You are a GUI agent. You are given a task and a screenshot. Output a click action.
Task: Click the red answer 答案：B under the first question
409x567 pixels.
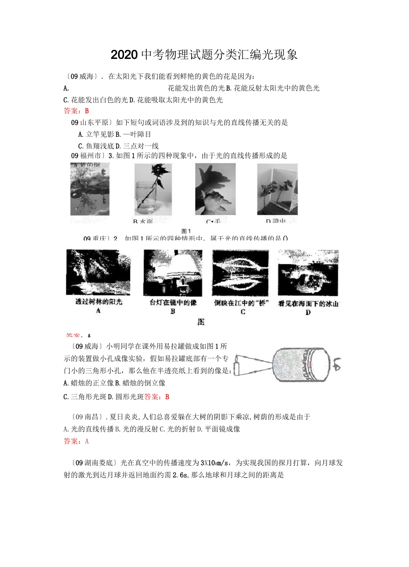(x=76, y=111)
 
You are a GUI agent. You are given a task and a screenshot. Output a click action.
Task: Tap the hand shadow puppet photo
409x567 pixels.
(x=215, y=189)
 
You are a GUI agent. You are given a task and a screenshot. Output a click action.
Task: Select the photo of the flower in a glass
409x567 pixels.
(x=152, y=189)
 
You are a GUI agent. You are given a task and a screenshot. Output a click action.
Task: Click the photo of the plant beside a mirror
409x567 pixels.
(x=277, y=189)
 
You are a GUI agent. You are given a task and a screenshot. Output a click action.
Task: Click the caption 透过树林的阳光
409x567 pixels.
(x=99, y=302)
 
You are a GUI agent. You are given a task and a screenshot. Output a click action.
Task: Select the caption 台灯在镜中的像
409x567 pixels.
(x=173, y=302)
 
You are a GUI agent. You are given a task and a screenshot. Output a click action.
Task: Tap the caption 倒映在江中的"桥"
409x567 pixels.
(x=241, y=302)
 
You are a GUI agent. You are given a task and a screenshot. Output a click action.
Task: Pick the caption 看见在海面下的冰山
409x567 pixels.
(x=308, y=303)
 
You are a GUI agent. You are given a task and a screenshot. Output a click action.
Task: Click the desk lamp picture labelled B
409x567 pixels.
(x=173, y=271)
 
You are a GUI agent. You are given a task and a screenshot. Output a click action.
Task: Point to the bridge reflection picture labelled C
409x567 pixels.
(x=240, y=272)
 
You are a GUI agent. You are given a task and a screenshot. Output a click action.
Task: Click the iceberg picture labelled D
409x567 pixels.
(x=308, y=272)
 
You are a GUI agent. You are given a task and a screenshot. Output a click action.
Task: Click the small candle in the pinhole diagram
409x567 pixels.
(x=235, y=368)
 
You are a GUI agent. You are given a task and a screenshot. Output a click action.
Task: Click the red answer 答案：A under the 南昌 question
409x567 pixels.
(x=76, y=441)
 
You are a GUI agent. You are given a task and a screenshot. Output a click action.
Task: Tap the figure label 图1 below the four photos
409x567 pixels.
(x=186, y=231)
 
